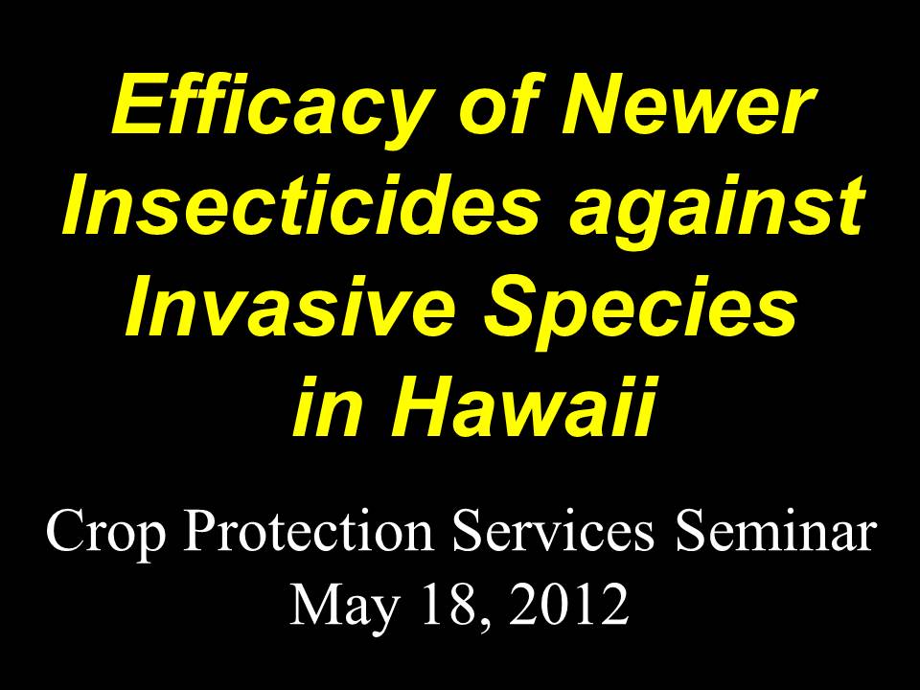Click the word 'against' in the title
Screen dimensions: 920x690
[x=717, y=208]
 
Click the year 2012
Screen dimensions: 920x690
[x=569, y=605]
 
